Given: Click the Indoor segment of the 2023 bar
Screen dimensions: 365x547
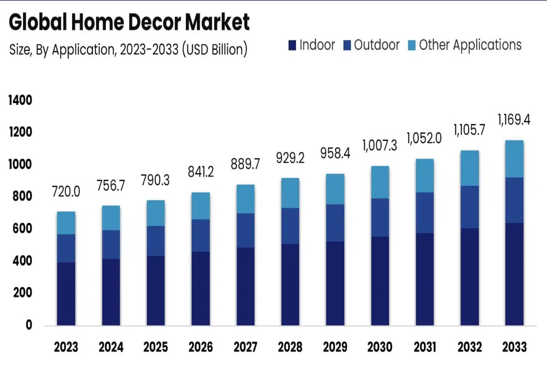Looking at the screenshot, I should click(66, 294).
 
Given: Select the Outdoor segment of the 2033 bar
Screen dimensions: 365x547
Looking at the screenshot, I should click(514, 200).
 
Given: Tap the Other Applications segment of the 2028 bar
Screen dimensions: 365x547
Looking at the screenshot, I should click(290, 193).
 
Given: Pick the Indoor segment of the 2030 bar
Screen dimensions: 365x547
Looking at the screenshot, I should click(380, 281).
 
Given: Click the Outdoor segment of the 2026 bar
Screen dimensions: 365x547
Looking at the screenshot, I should click(201, 235).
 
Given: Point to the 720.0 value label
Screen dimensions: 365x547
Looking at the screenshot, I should click(66, 192).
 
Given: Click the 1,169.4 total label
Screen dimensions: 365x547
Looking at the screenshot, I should click(514, 120).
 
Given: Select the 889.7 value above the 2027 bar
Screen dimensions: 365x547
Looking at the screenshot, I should click(245, 164).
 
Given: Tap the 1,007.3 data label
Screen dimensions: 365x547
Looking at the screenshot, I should click(380, 146).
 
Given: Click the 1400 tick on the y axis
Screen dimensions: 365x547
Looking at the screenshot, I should click(20, 100).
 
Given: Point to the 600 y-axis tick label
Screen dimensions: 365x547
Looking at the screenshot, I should click(22, 228).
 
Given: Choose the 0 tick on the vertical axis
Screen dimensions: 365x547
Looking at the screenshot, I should click(28, 325).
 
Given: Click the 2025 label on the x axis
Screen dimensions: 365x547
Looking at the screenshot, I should click(156, 347).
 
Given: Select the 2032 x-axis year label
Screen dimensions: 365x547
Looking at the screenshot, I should click(470, 347).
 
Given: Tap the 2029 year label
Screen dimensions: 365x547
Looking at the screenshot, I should click(335, 347).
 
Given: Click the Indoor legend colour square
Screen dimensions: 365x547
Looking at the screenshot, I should click(292, 45).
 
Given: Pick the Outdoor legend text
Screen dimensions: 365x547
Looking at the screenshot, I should click(377, 45).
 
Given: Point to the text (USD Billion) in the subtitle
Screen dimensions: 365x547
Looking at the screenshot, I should click(215, 49).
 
